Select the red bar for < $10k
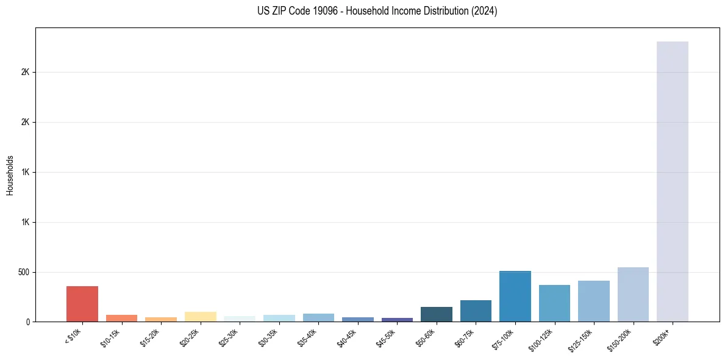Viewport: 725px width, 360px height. tap(82, 304)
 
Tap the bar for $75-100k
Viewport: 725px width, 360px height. tap(515, 296)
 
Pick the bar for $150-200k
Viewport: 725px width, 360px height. tap(633, 294)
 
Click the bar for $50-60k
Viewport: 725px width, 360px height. tap(436, 314)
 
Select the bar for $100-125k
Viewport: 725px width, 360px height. tap(554, 303)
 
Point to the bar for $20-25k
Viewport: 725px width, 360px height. tap(201, 317)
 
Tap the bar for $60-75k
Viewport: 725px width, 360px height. tap(476, 311)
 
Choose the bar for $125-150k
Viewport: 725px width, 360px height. tap(593, 301)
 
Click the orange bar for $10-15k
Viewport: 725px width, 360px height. tap(121, 318)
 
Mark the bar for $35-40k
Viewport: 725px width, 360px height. tap(318, 317)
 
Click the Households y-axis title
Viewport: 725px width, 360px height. tap(10, 175)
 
